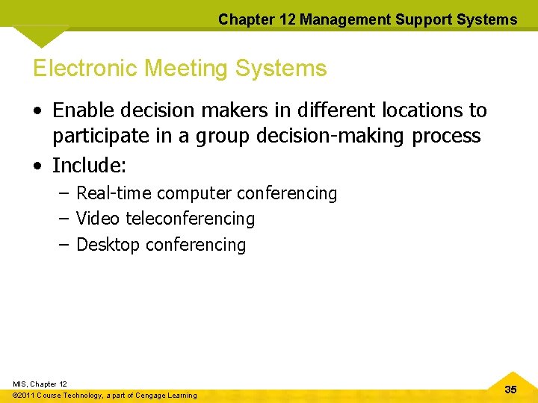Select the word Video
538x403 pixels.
point(98,219)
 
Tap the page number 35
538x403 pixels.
point(510,390)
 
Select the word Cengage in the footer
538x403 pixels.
point(149,396)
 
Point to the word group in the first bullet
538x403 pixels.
point(212,137)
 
